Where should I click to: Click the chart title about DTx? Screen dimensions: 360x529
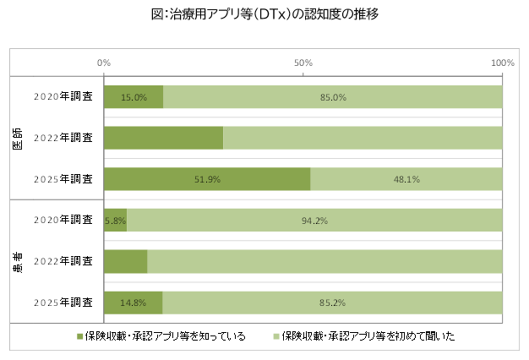tap(264, 14)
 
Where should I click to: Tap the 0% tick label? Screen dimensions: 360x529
tap(104, 63)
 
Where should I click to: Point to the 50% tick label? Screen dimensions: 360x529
tap(303, 63)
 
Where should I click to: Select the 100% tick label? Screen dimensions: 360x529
tap(502, 63)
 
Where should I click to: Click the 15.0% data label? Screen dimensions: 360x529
tap(134, 97)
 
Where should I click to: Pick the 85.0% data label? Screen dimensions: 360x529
tap(332, 97)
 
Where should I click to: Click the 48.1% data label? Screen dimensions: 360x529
tap(406, 179)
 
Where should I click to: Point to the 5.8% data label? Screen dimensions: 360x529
tap(115, 221)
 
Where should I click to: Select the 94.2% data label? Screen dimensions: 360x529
tap(314, 221)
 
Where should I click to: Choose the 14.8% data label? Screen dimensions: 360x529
tap(133, 302)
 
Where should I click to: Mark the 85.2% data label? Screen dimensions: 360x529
tap(331, 302)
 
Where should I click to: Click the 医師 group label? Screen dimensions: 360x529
tap(18, 139)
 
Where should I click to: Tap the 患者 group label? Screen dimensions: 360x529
tap(18, 261)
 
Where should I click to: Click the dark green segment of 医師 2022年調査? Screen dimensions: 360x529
tap(163, 138)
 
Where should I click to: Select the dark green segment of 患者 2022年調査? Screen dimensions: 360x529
tap(125, 261)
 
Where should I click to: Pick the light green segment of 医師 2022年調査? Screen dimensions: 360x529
tap(363, 138)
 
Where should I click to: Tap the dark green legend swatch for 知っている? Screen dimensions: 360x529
tap(81, 336)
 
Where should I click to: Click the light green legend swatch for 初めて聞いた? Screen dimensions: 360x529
tap(275, 336)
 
